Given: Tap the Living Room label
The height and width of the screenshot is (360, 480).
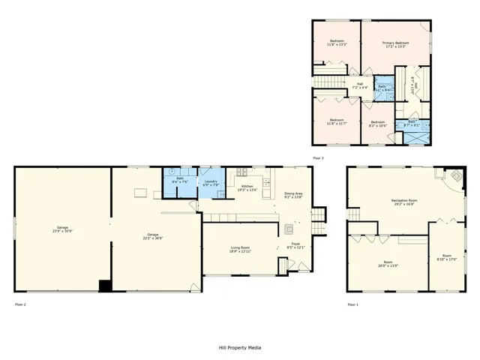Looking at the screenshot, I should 240,249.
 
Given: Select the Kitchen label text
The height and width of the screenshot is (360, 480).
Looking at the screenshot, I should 247,187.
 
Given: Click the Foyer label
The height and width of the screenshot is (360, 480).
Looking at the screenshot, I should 286,244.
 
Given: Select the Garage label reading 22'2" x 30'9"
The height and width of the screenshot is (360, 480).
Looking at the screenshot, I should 152,236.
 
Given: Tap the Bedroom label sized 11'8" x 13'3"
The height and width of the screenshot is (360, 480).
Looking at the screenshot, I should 337,43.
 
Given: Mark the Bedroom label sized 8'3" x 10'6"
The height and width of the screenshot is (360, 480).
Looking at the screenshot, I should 376,124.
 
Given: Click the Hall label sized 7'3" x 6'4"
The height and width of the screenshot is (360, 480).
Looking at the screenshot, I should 360,85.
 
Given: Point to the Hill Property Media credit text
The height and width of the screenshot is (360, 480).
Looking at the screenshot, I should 240,347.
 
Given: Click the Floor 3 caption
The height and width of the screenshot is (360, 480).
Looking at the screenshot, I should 319,157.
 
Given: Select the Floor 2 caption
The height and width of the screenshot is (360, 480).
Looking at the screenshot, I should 20,304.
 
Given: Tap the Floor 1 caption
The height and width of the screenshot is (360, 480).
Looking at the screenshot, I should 352,304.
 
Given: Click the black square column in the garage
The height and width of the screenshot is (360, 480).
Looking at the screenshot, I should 106,285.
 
